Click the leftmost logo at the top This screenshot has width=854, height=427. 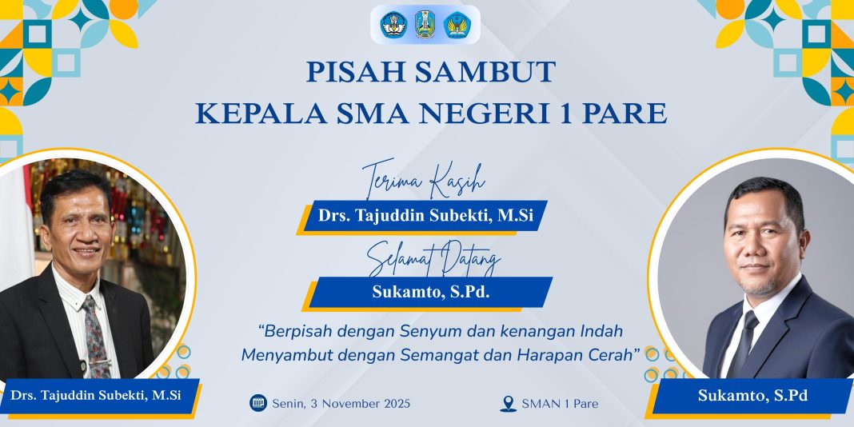(394, 24)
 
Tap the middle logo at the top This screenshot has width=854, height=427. (425, 24)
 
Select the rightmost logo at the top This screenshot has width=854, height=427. (457, 24)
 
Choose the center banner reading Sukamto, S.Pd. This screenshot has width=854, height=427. (431, 292)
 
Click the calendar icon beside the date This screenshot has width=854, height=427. (257, 403)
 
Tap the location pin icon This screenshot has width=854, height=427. (508, 404)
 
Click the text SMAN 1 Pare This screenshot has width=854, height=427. (560, 404)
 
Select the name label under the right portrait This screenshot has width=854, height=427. (752, 395)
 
